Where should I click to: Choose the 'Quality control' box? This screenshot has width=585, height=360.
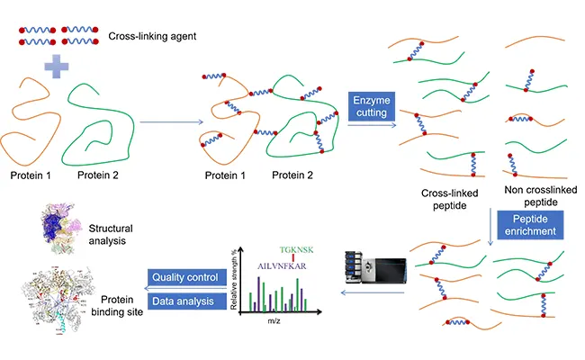tap(184, 277)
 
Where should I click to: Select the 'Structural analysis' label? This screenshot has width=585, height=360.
tap(115, 234)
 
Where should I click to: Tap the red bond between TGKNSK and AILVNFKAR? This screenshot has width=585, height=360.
tap(292, 253)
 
